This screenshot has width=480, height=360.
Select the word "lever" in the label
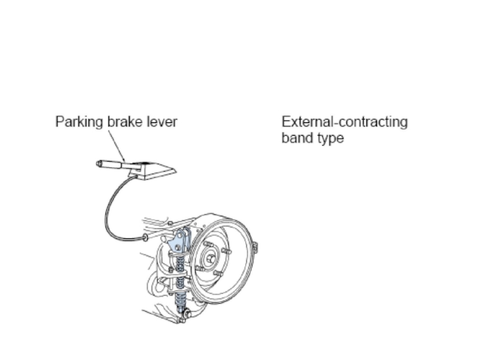pyautogui.click(x=161, y=122)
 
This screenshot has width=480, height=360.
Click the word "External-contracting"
pyautogui.click(x=344, y=122)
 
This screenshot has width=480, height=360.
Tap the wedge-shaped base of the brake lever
pyautogui.click(x=154, y=170)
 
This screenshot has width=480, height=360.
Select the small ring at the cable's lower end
pyautogui.click(x=145, y=238)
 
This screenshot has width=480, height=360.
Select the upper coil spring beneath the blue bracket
pyautogui.click(x=179, y=263)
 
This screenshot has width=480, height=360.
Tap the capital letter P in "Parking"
pyautogui.click(x=59, y=122)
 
